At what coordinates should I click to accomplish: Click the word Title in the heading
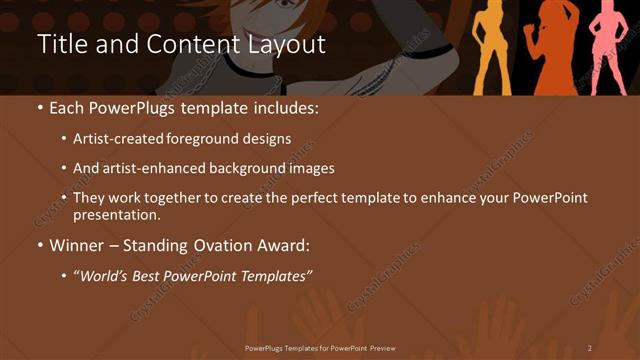pyautogui.click(x=60, y=45)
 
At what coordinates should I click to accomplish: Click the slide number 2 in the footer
pyautogui.click(x=590, y=348)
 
